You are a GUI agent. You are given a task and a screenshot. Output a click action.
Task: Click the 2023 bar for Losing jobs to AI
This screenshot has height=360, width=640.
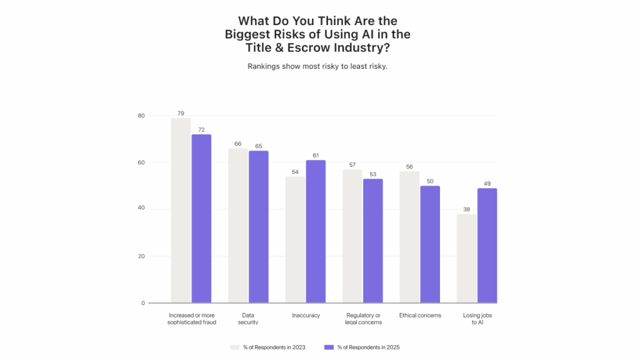[466, 259]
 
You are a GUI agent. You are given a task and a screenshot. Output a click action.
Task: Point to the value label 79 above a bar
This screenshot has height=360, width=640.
[181, 114]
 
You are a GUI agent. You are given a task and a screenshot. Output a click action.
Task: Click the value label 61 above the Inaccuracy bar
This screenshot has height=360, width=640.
[316, 156]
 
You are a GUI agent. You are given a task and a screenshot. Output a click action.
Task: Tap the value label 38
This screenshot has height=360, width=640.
[466, 210]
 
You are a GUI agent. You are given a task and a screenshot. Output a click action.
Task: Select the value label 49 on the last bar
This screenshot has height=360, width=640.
[487, 184]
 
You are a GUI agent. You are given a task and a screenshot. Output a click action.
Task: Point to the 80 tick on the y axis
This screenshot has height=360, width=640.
[141, 116]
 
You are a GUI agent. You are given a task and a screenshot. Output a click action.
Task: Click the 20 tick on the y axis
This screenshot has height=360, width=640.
[141, 256]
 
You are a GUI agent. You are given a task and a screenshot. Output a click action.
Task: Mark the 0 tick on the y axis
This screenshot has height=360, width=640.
[142, 303]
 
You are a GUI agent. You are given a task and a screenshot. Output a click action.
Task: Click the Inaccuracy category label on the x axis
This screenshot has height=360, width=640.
[306, 316]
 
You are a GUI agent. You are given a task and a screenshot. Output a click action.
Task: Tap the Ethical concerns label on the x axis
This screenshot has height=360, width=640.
[420, 316]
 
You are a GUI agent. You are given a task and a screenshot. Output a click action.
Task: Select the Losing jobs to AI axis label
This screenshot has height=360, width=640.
[477, 319]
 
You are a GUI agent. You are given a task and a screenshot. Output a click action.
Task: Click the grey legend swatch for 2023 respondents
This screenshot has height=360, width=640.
[235, 347]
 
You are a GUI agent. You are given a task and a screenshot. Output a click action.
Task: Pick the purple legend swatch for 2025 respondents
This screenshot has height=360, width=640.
[329, 347]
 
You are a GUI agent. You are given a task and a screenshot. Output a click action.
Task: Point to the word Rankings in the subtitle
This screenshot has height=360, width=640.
[265, 66]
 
